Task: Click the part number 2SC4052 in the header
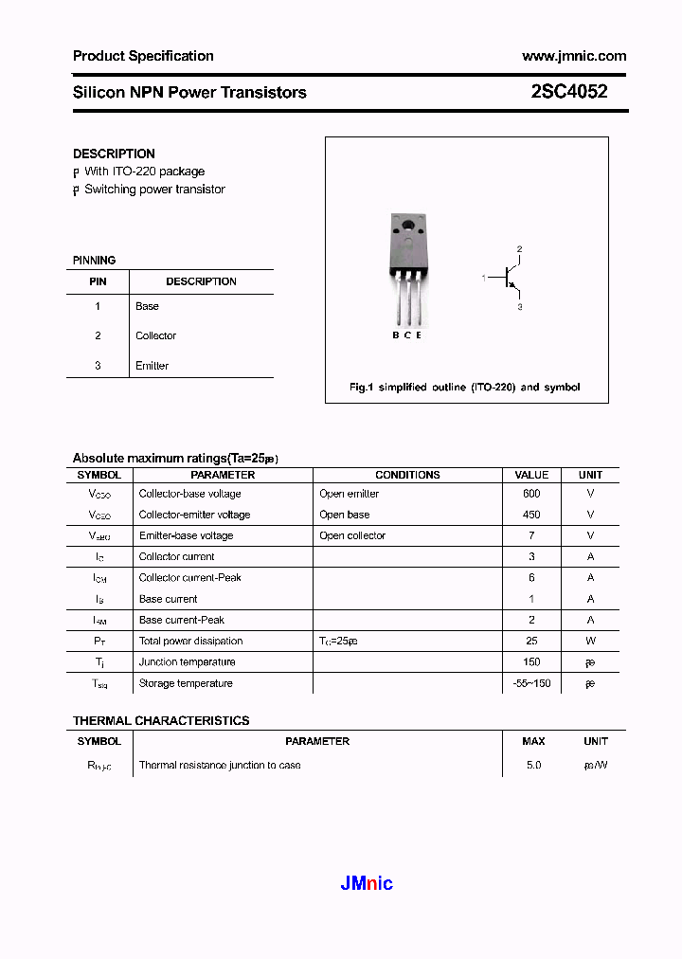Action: point(569,92)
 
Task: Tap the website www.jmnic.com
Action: point(574,56)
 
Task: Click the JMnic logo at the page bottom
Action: point(366,884)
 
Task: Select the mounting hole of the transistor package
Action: point(408,226)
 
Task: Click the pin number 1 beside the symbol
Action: point(484,278)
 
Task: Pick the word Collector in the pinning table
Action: point(155,335)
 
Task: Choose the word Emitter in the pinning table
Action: point(152,366)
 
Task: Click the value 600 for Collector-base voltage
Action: point(531,494)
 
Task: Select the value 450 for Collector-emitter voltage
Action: point(531,515)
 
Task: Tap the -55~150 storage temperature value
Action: point(531,683)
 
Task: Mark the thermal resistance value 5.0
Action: point(533,765)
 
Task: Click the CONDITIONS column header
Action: point(407,475)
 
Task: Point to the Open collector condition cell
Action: point(352,535)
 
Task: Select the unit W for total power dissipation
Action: point(590,642)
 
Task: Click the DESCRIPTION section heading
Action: point(114,154)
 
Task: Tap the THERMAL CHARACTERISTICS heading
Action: point(161,721)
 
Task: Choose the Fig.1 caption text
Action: point(464,387)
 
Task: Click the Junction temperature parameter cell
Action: point(187,662)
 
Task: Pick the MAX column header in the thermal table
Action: point(533,741)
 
